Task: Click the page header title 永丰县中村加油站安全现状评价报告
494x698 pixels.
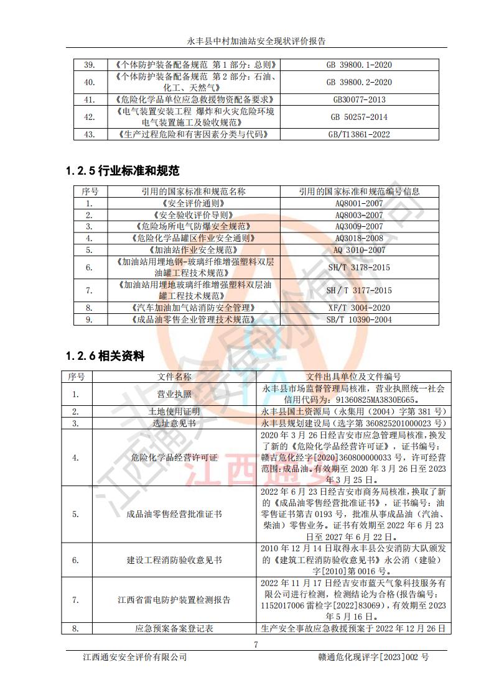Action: pos(256,42)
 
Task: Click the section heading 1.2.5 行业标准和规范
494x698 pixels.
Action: pos(123,170)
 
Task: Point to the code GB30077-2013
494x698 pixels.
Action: pos(360,99)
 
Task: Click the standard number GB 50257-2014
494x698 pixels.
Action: pos(360,117)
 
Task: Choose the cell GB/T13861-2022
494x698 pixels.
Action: pos(360,134)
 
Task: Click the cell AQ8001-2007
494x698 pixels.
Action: pos(360,203)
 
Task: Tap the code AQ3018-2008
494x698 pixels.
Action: pos(360,238)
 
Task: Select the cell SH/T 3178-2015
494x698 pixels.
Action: pos(360,267)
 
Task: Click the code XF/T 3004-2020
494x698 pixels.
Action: pos(360,308)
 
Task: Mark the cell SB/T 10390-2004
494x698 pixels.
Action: pos(360,319)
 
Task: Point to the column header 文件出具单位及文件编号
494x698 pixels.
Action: pos(353,377)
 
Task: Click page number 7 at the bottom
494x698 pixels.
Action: pos(256,644)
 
